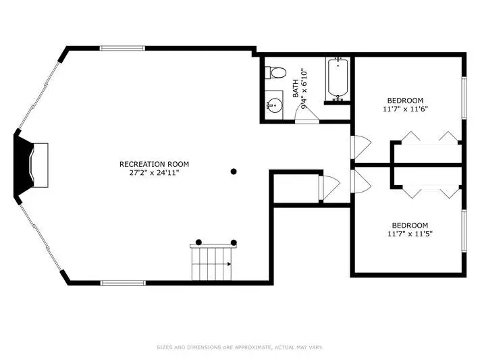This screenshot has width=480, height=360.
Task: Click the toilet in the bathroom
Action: (x=275, y=73)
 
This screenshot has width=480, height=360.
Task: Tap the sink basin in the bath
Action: (x=275, y=105)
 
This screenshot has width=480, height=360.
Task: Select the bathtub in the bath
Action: (x=338, y=79)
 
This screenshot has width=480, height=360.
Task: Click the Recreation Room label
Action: (x=154, y=164)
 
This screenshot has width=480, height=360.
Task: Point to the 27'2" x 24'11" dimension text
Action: (x=154, y=173)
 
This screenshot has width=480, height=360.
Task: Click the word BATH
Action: (x=296, y=88)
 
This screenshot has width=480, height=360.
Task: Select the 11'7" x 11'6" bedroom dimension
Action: (x=405, y=109)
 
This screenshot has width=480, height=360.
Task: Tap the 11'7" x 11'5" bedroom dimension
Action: (x=410, y=234)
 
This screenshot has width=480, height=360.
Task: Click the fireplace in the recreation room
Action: (x=31, y=165)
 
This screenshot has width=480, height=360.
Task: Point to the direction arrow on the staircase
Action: (x=230, y=264)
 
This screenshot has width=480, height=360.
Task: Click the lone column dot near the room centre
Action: (x=234, y=172)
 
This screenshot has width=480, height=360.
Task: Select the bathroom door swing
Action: (x=307, y=113)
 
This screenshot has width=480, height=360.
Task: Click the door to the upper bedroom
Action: (x=361, y=147)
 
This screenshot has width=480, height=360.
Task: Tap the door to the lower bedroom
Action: (x=361, y=182)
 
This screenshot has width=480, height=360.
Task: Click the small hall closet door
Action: (x=329, y=188)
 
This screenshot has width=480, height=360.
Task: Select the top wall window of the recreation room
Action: (x=122, y=48)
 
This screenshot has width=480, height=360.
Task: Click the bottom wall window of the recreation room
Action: (x=123, y=283)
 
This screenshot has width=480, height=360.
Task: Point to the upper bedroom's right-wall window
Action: (x=464, y=98)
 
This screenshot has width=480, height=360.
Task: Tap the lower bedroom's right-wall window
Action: (x=464, y=231)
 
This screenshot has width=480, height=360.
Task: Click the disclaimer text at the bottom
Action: (x=240, y=347)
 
